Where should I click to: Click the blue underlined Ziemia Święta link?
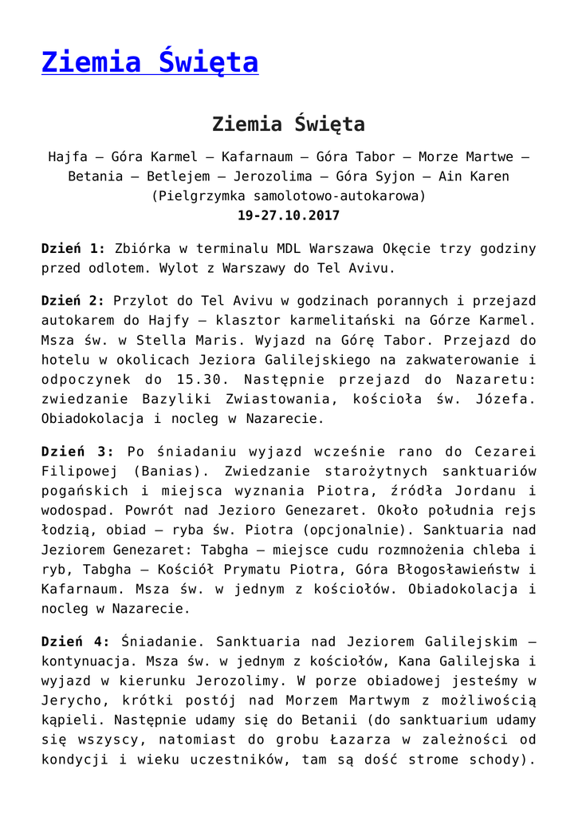150,62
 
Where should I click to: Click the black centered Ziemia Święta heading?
289,124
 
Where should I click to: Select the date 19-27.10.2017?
289,215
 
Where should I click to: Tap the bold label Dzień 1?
73,248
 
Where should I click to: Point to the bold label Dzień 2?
73,301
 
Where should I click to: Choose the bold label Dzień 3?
73,451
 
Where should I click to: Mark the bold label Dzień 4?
73,641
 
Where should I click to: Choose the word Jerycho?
73,699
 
